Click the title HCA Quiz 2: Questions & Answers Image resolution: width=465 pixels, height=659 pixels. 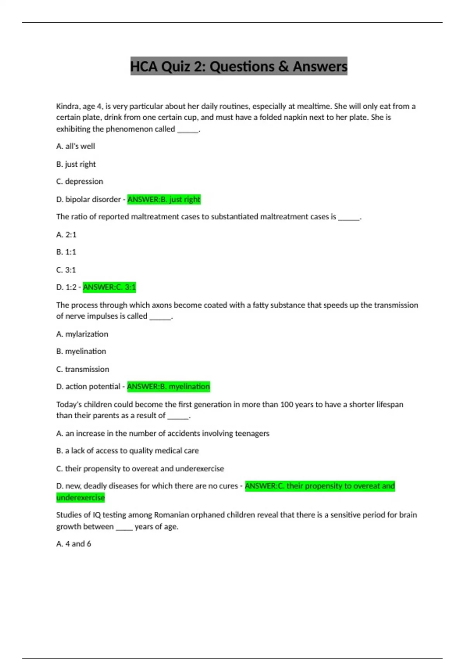[x=239, y=66]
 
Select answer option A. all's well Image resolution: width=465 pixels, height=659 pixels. [x=76, y=146]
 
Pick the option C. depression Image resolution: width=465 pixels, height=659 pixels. [x=80, y=181]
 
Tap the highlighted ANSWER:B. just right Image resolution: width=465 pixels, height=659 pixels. [x=164, y=199]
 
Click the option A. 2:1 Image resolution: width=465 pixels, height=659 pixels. [x=66, y=235]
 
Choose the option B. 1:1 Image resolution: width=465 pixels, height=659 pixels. [x=66, y=252]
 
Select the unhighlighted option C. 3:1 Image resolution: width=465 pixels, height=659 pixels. [x=66, y=270]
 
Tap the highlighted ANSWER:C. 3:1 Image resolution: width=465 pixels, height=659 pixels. [x=109, y=287]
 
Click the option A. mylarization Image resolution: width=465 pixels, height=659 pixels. [x=82, y=334]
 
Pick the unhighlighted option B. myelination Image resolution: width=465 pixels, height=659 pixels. [x=81, y=351]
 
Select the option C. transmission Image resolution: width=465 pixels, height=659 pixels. [x=83, y=369]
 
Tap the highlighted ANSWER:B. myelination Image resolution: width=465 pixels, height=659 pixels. [x=169, y=386]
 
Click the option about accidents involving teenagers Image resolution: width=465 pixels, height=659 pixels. [x=163, y=433]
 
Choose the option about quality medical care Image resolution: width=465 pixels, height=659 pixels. [x=127, y=450]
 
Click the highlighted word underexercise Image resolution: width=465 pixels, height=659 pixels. [x=81, y=497]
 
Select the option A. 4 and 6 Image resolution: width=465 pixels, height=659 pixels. [x=74, y=544]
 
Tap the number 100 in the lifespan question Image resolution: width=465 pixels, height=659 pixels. [x=287, y=404]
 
